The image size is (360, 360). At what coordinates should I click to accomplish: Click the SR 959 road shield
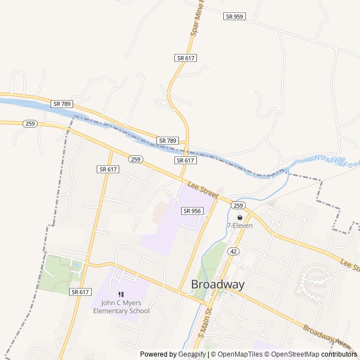(234, 16)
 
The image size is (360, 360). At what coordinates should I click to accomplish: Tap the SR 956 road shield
(192, 211)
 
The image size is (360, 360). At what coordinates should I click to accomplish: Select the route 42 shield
(234, 251)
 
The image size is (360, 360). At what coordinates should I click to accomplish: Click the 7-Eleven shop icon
(240, 217)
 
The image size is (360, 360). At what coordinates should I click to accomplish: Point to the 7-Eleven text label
(240, 226)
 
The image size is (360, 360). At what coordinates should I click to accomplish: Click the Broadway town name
(218, 285)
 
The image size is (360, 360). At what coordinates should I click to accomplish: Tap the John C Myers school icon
(121, 294)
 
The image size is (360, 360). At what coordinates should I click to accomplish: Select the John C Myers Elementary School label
(121, 307)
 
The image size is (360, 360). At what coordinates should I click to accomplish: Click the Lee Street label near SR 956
(203, 189)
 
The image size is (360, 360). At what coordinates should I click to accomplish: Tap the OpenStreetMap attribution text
(292, 354)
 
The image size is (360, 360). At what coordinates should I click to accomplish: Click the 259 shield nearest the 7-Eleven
(238, 205)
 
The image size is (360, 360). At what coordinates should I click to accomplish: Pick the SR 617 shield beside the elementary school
(80, 292)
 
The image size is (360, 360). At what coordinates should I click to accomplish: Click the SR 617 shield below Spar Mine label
(185, 58)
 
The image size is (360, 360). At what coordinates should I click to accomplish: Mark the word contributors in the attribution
(339, 354)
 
